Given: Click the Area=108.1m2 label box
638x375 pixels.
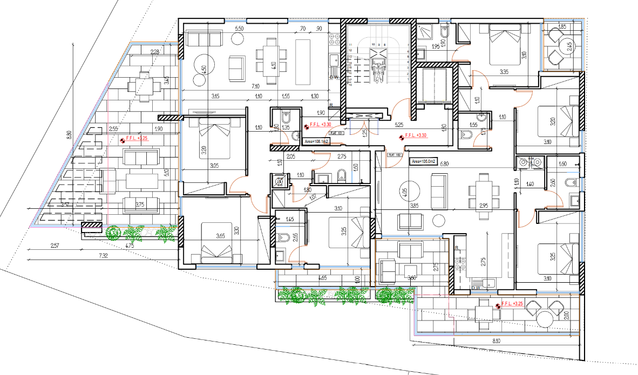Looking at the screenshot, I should (x=317, y=141).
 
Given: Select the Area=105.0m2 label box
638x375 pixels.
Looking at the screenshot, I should (x=424, y=161).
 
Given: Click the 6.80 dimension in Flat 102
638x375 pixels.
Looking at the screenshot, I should (x=444, y=164).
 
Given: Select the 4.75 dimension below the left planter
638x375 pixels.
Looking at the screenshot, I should (x=130, y=246).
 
